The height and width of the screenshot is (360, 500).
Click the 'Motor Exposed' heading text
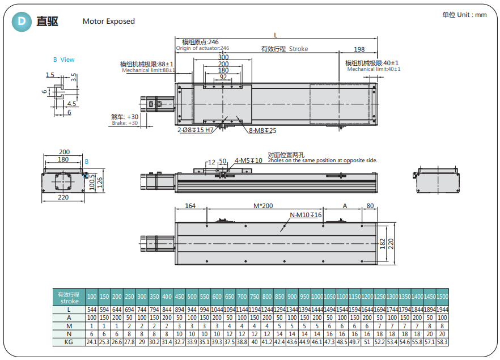tap(109, 22)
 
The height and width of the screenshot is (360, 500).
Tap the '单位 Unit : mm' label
tap(464, 15)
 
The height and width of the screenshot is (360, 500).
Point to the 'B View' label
tap(63, 60)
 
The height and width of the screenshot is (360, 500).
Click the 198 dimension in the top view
tap(359, 50)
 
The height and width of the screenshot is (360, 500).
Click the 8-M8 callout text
tap(262, 131)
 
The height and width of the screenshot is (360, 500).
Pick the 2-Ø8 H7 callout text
tap(195, 130)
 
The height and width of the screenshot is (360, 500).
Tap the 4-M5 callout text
tap(248, 160)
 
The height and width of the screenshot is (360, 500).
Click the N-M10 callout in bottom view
tap(306, 215)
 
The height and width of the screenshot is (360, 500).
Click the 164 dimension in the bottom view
tap(190, 206)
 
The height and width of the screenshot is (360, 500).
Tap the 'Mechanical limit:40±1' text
tap(374, 69)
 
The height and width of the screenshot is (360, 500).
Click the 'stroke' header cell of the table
tap(69, 301)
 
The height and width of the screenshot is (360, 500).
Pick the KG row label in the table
tap(69, 342)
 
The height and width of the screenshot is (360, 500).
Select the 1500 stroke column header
tap(442, 297)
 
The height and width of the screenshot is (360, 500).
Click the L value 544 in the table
tap(92, 310)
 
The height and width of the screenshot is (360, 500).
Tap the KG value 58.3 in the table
tap(442, 342)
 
